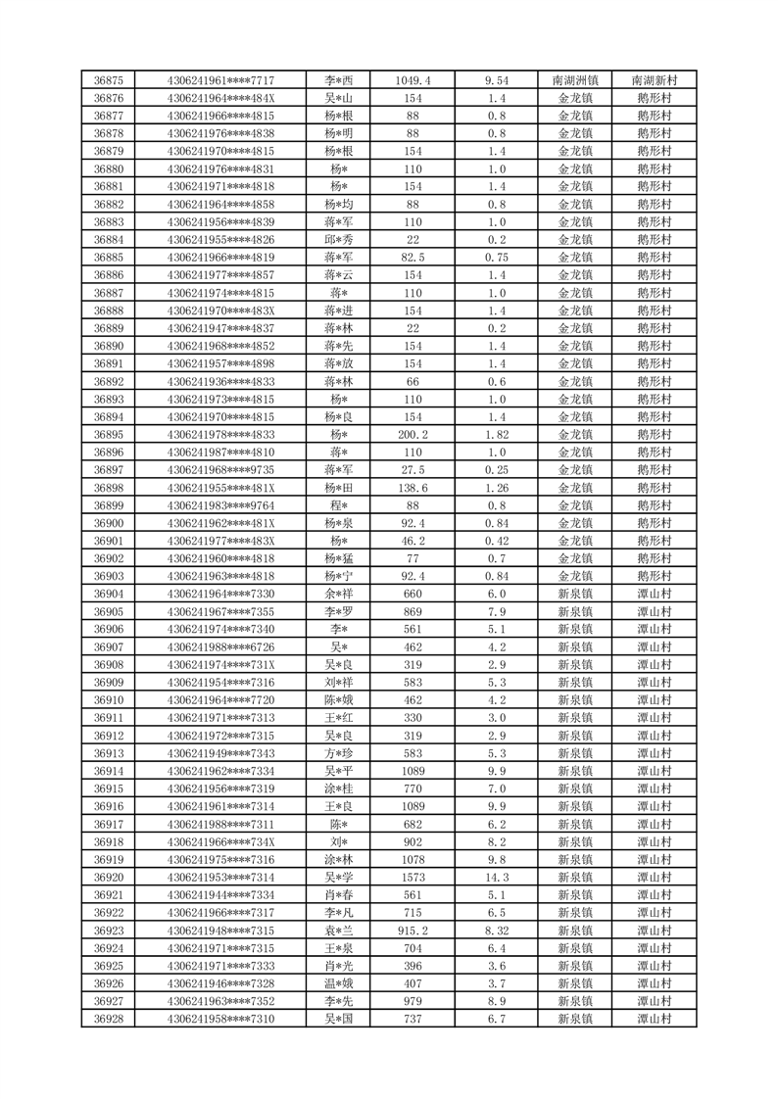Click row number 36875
[108, 80]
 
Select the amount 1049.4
[413, 80]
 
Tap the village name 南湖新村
[654, 80]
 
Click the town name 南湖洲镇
[575, 80]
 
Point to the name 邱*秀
[339, 240]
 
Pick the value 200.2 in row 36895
[413, 435]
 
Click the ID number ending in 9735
[220, 470]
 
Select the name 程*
[339, 505]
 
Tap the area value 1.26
[497, 488]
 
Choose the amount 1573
[413, 878]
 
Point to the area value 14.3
[497, 878]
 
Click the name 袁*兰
[339, 931]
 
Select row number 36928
[108, 1019]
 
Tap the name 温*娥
[339, 983]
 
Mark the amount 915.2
[413, 931]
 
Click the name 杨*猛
[339, 558]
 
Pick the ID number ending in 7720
[220, 700]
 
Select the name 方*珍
[339, 753]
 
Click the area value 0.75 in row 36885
[497, 258]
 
